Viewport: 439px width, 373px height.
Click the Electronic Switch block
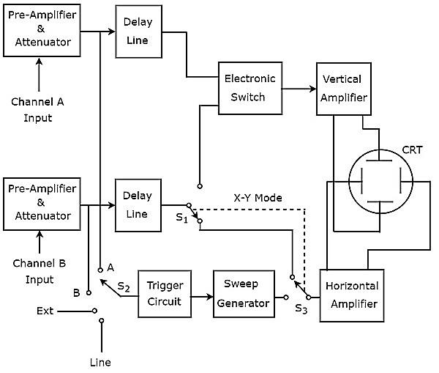click(x=250, y=88)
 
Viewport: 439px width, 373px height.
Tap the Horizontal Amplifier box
click(x=351, y=295)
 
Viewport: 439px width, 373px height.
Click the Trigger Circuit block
click(x=165, y=295)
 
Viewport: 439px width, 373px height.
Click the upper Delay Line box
click(x=138, y=32)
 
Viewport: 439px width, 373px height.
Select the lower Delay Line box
click(x=138, y=205)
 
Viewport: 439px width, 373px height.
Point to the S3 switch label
click(x=301, y=309)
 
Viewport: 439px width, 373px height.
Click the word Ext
click(x=45, y=311)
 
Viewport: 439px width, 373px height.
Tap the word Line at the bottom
click(x=100, y=362)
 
